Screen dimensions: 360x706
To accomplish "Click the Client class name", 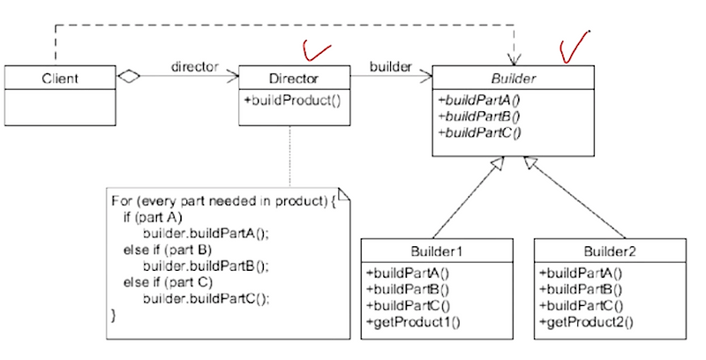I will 59,79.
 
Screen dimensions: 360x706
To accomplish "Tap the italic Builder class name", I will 512,79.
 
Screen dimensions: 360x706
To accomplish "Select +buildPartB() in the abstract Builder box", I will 479,115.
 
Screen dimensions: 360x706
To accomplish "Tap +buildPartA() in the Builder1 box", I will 407,274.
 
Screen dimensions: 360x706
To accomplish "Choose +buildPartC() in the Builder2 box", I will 580,305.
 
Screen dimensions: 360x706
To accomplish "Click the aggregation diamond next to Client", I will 130,78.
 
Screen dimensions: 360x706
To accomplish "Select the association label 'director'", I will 195,66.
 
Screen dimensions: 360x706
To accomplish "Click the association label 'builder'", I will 389,66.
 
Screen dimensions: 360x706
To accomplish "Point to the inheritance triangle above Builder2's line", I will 529,163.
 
